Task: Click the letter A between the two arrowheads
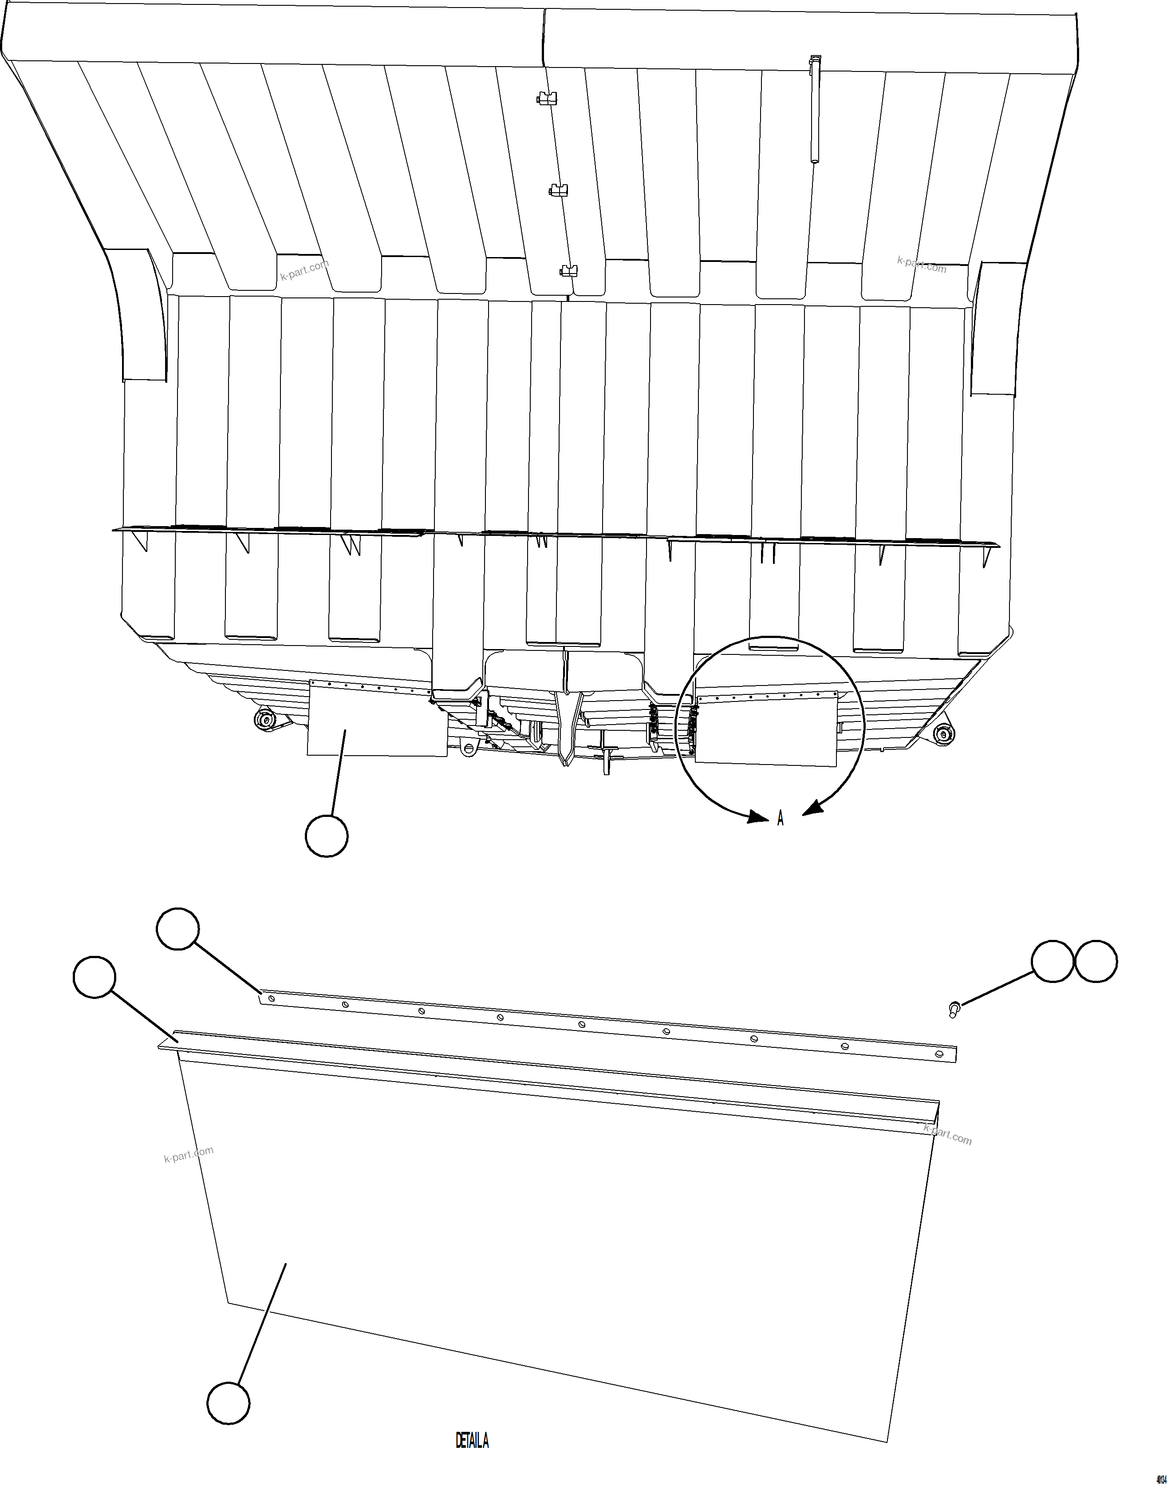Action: pos(780,818)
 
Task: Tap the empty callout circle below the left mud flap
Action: pos(327,835)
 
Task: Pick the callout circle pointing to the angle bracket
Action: pos(94,977)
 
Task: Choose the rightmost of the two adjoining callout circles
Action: pos(1096,962)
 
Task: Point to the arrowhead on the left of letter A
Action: pos(758,817)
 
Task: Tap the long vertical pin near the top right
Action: pos(814,109)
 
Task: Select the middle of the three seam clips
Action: pos(560,190)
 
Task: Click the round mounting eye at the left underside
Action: pos(263,719)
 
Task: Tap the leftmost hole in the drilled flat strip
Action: pos(272,998)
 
